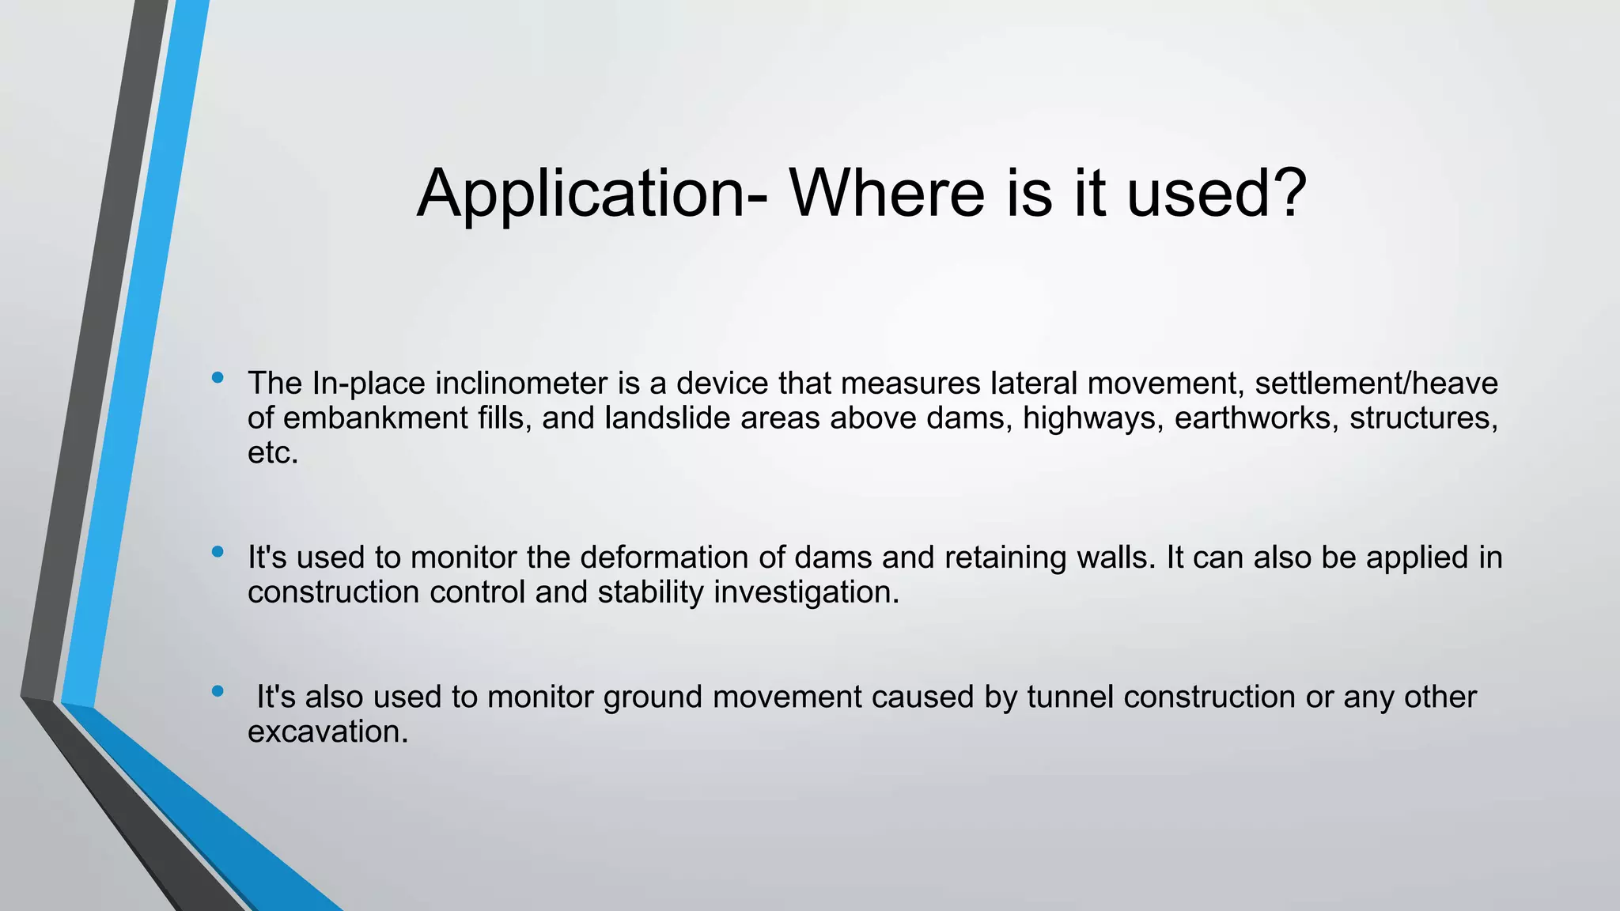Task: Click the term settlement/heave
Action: [x=1376, y=384]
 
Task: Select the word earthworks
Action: [x=1257, y=418]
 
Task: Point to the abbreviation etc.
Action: [x=273, y=453]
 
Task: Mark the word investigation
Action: [x=807, y=592]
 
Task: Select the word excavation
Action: [x=327, y=731]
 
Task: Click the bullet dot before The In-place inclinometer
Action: [x=218, y=378]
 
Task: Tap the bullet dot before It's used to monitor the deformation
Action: [x=218, y=552]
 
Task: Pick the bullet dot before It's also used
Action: [x=218, y=691]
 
